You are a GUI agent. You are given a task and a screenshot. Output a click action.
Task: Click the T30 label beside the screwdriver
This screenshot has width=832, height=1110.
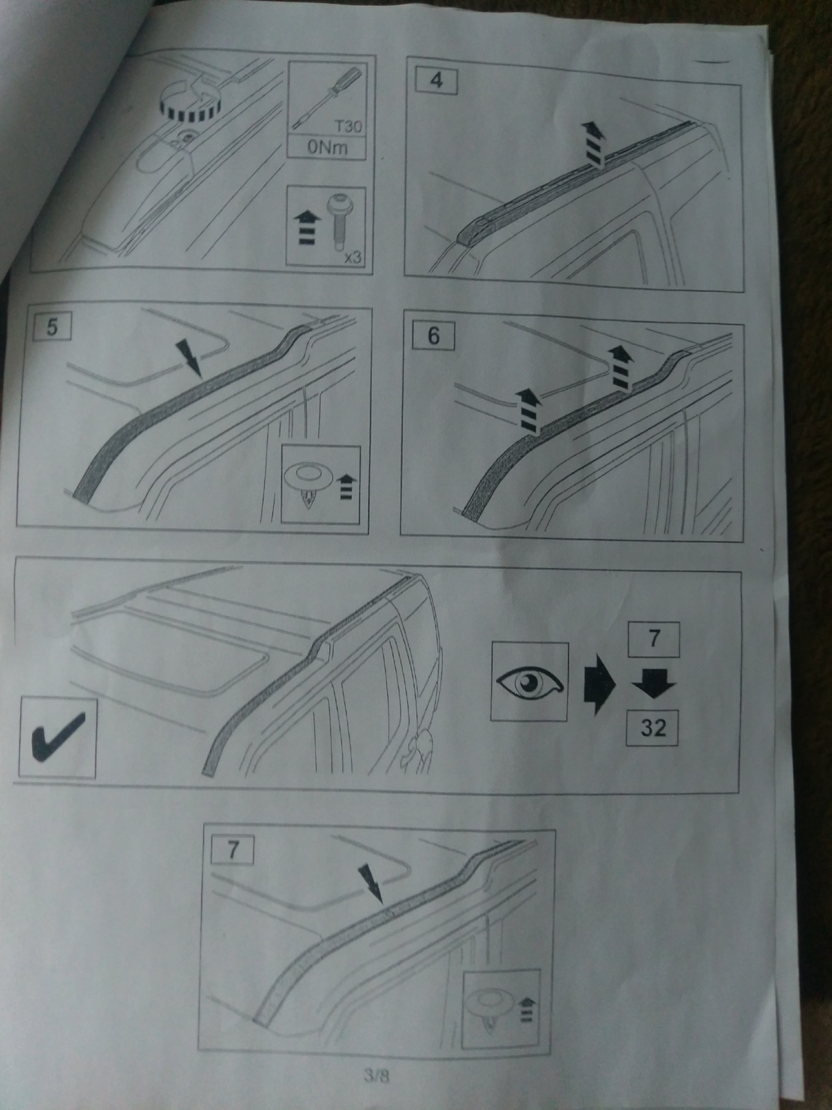point(347,125)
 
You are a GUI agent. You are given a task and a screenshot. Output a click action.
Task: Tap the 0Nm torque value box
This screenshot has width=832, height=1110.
point(327,148)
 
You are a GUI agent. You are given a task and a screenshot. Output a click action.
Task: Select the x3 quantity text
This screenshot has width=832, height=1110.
point(352,256)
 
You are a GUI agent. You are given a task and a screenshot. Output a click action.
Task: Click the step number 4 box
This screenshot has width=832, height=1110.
point(436,82)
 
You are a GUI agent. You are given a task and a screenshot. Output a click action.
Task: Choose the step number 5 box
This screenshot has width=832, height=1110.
point(52,327)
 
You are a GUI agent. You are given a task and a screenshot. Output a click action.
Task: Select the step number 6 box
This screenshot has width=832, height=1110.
point(433,336)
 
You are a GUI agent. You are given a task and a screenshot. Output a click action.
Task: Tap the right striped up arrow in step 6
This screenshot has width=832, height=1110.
point(621,368)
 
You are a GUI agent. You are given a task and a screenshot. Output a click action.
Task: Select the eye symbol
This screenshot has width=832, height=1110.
point(529,682)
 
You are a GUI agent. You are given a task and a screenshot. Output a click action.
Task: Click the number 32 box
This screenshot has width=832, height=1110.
point(653,727)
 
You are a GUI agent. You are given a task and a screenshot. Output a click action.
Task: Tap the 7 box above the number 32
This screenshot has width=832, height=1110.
point(654,639)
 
